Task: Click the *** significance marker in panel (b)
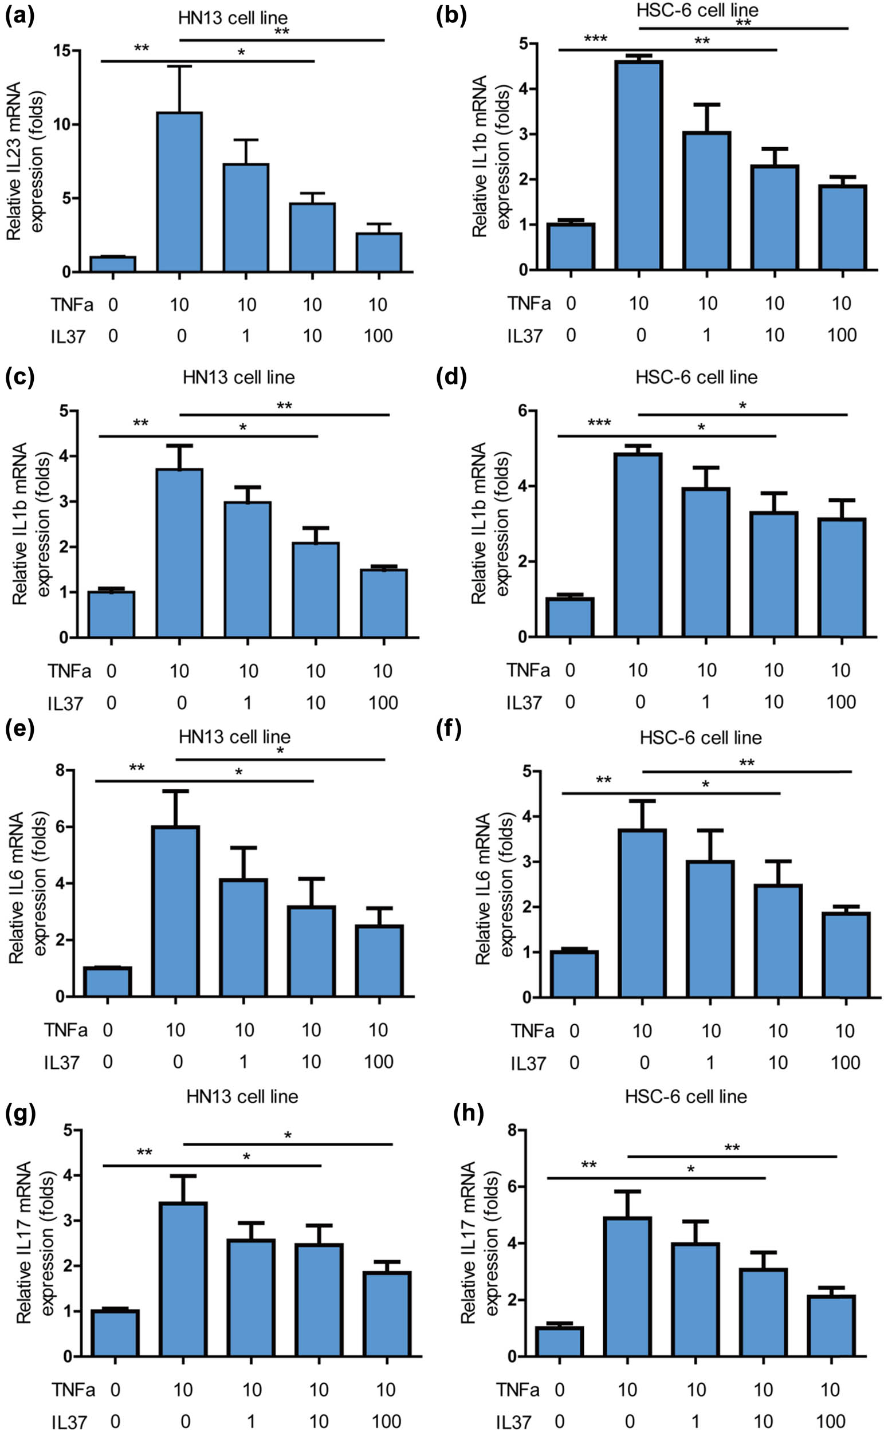coord(595,39)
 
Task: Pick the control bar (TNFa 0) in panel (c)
coord(111,614)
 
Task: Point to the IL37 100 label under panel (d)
coord(840,702)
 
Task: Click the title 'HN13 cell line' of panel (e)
coord(234,736)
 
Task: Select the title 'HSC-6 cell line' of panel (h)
coord(686,1096)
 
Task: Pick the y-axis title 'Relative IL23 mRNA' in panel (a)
coord(14,161)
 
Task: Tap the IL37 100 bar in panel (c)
coord(383,603)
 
